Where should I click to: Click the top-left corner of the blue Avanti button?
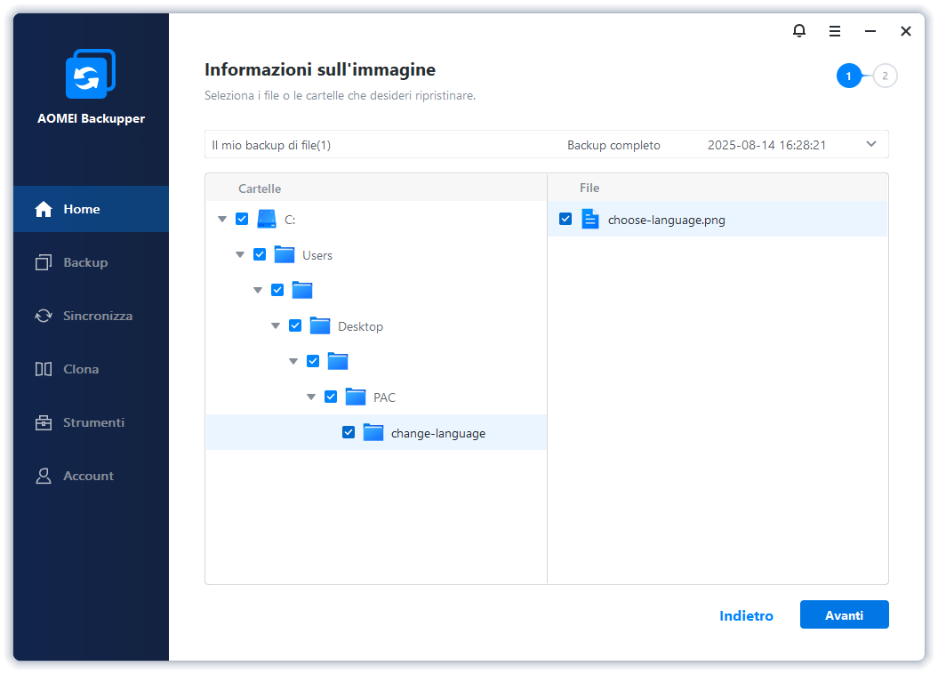tap(800, 600)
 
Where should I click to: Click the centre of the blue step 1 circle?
tap(848, 76)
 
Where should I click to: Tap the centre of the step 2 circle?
tap(885, 76)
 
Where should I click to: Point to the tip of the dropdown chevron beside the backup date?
tap(871, 147)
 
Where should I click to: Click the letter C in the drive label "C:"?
tap(288, 221)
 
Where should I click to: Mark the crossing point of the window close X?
tap(906, 31)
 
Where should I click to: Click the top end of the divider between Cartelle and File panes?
tap(548, 174)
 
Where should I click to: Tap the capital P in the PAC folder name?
tap(377, 397)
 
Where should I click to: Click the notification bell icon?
tap(799, 30)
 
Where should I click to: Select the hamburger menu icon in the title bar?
tap(835, 31)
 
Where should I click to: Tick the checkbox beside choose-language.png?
tap(565, 219)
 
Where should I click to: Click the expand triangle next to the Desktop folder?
tap(276, 326)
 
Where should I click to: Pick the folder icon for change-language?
tap(373, 432)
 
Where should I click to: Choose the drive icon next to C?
tap(267, 219)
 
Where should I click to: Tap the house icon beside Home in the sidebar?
tap(44, 209)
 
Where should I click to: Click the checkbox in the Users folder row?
tap(260, 255)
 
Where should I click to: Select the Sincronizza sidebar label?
tap(98, 316)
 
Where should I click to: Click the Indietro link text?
tap(746, 616)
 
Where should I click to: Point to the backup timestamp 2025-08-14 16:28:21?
tap(767, 145)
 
